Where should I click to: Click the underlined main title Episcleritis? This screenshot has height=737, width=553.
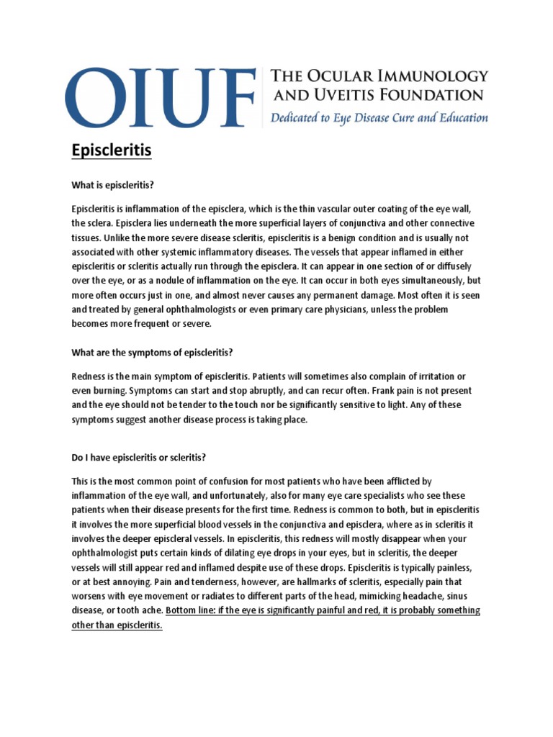pyautogui.click(x=112, y=152)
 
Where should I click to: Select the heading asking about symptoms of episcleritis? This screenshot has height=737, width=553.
pyautogui.click(x=153, y=352)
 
